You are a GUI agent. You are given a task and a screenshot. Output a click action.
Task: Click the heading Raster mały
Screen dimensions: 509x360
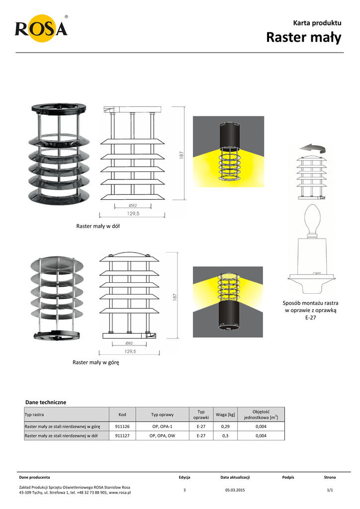coord(304,37)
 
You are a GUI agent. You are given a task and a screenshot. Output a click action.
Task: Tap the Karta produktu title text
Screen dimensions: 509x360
coord(317,23)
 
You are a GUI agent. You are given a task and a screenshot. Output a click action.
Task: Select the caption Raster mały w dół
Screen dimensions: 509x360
coord(98,226)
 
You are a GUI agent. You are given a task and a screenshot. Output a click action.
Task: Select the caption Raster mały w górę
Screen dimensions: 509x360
coord(96,362)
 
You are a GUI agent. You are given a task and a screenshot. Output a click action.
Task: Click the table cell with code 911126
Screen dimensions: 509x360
coord(122,426)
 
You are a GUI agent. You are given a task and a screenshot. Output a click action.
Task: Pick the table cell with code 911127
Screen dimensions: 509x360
coord(122,436)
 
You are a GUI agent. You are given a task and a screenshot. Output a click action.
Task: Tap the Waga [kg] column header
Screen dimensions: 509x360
coord(225,415)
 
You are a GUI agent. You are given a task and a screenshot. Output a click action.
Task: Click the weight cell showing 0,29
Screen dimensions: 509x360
coord(225,426)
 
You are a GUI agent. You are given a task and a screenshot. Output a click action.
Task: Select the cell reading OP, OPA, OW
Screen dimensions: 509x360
coord(162,436)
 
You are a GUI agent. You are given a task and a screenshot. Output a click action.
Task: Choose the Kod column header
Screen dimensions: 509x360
coord(122,415)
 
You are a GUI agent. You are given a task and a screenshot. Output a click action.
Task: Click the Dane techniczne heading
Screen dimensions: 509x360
coord(45,402)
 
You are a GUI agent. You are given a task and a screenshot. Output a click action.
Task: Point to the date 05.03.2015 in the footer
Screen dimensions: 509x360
coord(235,490)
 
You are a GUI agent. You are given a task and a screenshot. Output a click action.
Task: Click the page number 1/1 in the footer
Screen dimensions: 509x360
coord(329,490)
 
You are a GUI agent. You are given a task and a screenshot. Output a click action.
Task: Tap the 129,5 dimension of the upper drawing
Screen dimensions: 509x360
coord(133,213)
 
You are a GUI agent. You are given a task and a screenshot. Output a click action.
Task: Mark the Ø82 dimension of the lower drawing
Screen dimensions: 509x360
coord(129,343)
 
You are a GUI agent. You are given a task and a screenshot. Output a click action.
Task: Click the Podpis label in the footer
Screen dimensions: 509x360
coord(288,477)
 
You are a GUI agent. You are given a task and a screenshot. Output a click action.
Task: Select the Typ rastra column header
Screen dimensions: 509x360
coord(34,415)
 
